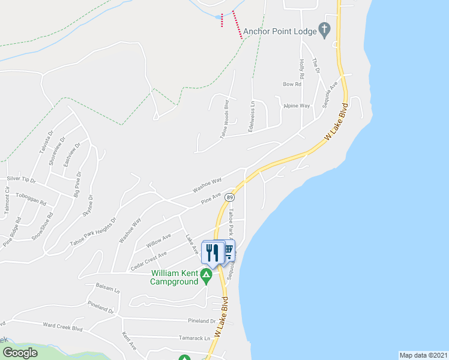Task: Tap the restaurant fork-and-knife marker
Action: tap(212, 252)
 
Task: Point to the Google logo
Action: tap(20, 353)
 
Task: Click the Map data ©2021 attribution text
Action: tap(423, 355)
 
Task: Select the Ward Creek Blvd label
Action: tap(62, 327)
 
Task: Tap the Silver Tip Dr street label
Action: tap(21, 179)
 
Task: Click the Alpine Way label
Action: tap(297, 106)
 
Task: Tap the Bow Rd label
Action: tap(291, 84)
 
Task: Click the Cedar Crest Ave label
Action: tap(148, 257)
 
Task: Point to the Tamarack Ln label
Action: tap(199, 338)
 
